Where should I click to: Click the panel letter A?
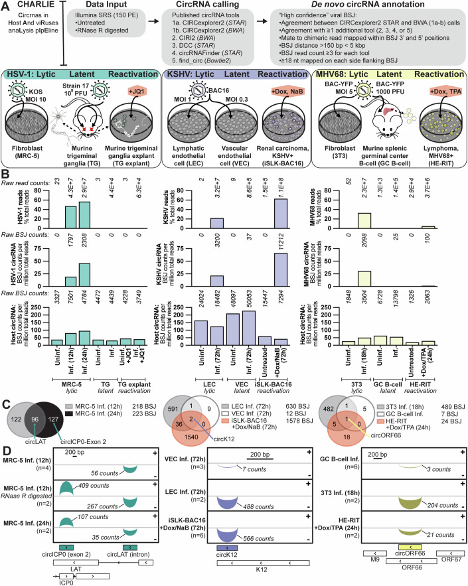click(6, 5)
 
